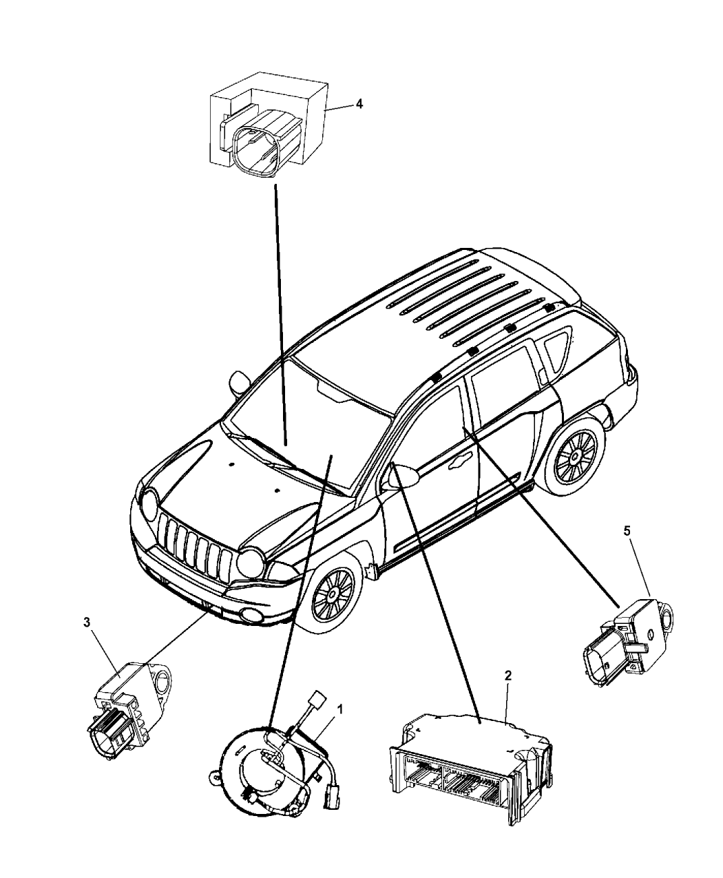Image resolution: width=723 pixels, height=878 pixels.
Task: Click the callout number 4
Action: point(359,104)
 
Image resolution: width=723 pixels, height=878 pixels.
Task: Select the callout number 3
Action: point(87,622)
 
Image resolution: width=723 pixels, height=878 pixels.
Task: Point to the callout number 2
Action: point(507,676)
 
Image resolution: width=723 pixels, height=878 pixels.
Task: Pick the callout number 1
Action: point(340,709)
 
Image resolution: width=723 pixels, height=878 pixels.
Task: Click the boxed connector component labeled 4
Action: point(269,125)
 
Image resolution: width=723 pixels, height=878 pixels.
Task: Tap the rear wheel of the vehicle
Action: point(576,455)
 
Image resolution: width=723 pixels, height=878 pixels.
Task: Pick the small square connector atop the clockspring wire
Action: point(317,702)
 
